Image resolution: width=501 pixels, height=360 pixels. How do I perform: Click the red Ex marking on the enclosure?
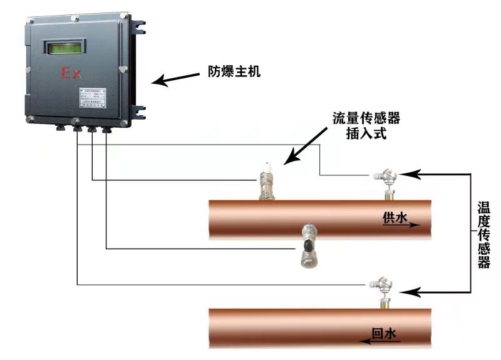tap(70, 73)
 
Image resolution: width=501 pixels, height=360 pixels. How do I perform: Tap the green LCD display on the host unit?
tap(64, 47)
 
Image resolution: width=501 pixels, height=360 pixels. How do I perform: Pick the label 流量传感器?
tap(366, 118)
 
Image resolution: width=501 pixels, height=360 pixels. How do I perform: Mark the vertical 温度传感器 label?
tap(483, 235)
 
